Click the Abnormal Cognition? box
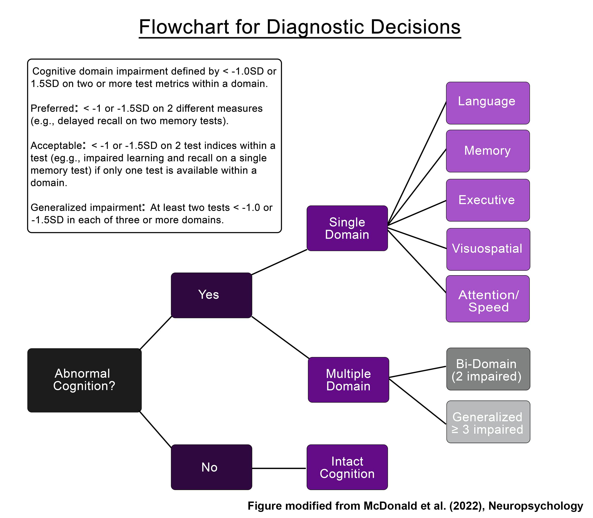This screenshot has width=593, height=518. [84, 380]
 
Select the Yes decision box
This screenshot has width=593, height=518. [211, 295]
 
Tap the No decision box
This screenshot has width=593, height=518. [211, 467]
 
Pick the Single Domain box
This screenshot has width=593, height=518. [347, 228]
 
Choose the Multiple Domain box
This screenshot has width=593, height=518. [348, 380]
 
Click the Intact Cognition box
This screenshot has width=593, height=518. [347, 467]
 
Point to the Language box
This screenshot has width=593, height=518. [488, 103]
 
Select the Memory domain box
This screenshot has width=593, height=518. [488, 151]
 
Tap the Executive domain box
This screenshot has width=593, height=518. [488, 200]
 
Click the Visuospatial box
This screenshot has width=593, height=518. [488, 249]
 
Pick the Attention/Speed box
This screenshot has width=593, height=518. [488, 299]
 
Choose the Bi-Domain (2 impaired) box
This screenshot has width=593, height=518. [488, 369]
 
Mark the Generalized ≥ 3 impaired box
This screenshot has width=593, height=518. [488, 422]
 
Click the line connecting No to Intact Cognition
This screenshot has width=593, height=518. [279, 468]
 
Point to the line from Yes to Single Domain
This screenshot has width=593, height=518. [279, 262]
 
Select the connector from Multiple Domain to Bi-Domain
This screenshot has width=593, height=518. [417, 372]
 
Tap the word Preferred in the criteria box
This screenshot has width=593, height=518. [52, 108]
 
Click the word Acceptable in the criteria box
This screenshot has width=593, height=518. [56, 145]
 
